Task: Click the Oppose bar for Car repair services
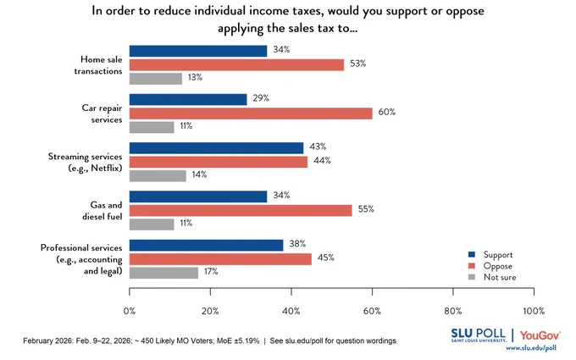coord(251,114)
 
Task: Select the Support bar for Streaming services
coord(216,148)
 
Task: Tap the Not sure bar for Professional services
coord(163,273)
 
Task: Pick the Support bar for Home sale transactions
coord(198,51)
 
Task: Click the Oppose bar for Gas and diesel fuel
coord(241,210)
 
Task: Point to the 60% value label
coord(387,112)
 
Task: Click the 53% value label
coord(357,64)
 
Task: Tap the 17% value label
coord(211,271)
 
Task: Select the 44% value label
coord(322,161)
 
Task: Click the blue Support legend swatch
coord(472,254)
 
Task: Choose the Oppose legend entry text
coord(498,266)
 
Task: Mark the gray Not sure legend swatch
coord(472,277)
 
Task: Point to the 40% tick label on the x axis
coord(291,311)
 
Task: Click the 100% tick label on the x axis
coord(534,311)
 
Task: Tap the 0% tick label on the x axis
coord(130,311)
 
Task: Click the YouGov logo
coord(540,335)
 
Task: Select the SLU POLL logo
coord(479,335)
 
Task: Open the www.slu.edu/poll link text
coord(531,348)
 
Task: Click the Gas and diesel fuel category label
coord(102,210)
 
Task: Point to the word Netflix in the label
coord(107,168)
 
